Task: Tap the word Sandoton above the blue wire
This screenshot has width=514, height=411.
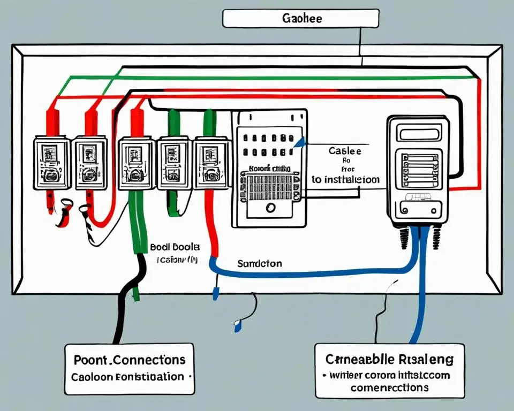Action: pyautogui.click(x=259, y=263)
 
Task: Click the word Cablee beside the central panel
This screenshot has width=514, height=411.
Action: pyautogui.click(x=345, y=151)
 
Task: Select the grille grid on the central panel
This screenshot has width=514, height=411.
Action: pyautogui.click(x=270, y=185)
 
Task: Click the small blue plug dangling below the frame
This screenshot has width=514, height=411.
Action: pyautogui.click(x=237, y=323)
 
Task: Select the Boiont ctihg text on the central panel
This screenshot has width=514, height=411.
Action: pyautogui.click(x=269, y=168)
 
